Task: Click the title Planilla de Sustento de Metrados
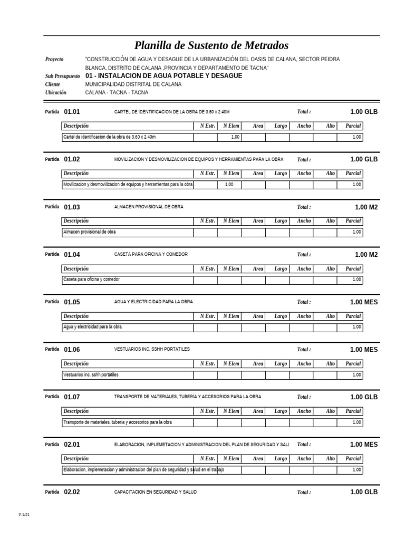(x=211, y=46)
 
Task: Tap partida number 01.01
(x=72, y=112)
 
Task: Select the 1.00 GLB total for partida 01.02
(x=364, y=159)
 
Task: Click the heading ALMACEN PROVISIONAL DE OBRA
(x=149, y=207)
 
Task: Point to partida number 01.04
(x=72, y=255)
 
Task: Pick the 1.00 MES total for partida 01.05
(x=364, y=302)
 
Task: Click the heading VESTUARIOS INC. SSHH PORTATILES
(x=152, y=349)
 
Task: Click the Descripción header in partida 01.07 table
(x=76, y=411)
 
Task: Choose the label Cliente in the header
(x=53, y=84)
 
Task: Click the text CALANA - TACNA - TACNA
(x=117, y=92)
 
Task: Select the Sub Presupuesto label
(x=62, y=76)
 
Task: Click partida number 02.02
(x=72, y=492)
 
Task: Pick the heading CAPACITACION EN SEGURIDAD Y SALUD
(x=155, y=492)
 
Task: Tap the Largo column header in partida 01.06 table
(x=281, y=363)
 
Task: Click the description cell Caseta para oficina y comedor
(x=91, y=279)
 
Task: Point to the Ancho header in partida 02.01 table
(x=304, y=459)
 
